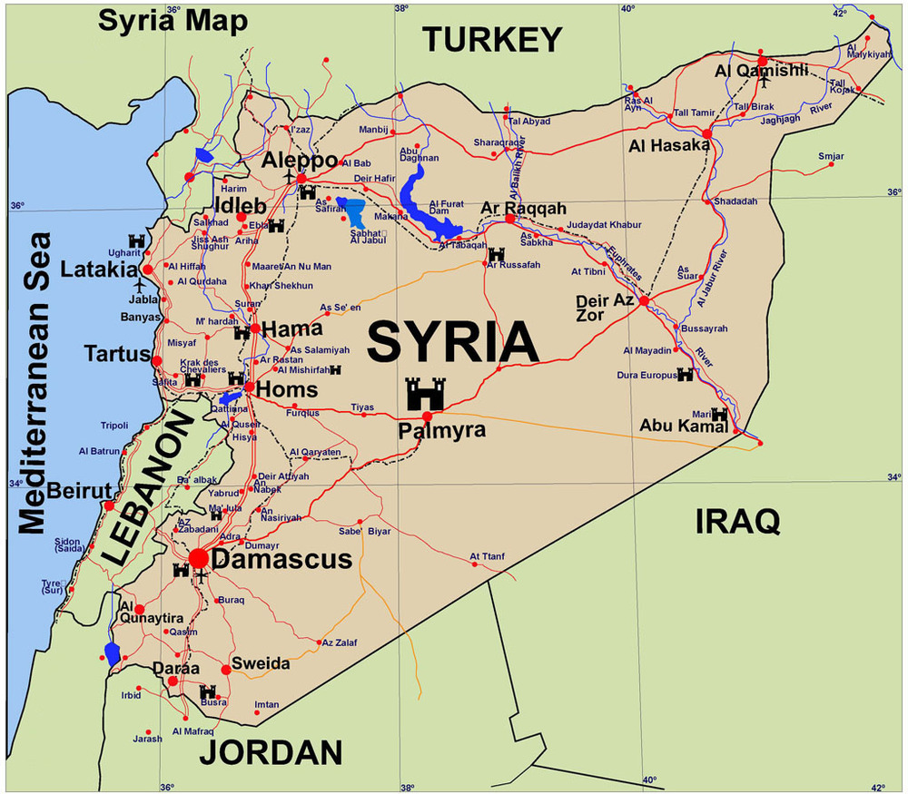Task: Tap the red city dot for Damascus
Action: [198, 558]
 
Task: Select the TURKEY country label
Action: [492, 40]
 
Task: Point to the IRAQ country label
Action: [737, 521]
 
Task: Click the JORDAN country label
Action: [271, 752]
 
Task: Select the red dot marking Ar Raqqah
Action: [510, 219]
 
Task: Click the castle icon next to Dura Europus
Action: [685, 374]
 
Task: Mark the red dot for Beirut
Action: [109, 505]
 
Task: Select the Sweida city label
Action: [261, 663]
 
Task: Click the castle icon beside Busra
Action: [207, 691]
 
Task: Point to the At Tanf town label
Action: [486, 556]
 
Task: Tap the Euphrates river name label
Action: [627, 262]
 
